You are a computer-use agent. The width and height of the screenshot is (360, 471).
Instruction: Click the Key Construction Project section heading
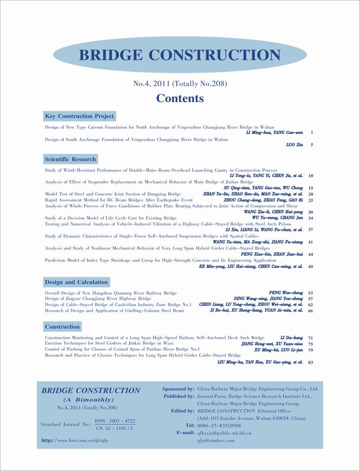tap(79, 116)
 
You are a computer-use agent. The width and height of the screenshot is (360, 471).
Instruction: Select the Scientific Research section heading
tap(70, 159)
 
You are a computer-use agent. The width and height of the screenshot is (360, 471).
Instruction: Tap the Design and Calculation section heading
tap(76, 282)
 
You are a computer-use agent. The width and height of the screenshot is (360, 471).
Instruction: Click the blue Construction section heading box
tap(62, 326)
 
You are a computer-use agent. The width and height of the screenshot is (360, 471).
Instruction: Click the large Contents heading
tap(180, 98)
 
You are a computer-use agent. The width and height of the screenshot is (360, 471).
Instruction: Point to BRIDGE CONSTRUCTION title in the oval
tap(180, 55)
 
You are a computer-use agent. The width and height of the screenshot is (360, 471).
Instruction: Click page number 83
tap(311, 362)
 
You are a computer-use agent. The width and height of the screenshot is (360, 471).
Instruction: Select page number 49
tap(311, 267)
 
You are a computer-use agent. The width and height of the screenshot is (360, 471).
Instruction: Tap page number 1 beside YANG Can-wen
tap(312, 133)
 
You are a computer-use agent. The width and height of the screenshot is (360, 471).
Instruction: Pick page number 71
tap(311, 338)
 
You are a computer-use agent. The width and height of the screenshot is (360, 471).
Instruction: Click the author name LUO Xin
tap(294, 145)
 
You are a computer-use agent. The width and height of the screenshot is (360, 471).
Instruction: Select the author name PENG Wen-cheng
tap(286, 293)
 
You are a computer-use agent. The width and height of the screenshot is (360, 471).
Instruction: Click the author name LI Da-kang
tap(291, 338)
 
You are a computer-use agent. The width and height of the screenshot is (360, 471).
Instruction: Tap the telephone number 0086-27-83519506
tap(219, 426)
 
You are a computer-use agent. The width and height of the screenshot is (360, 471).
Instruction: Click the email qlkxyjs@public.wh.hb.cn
tap(224, 433)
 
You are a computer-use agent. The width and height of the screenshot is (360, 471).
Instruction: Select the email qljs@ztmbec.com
tap(216, 440)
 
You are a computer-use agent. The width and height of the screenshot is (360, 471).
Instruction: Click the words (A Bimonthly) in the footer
tap(89, 399)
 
